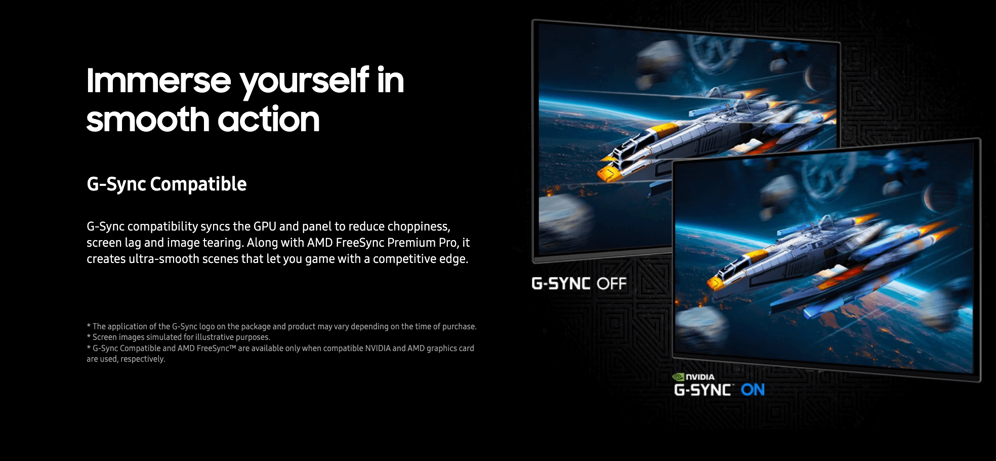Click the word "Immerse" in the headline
pyautogui.click(x=159, y=81)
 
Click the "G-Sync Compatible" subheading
pyautogui.click(x=167, y=184)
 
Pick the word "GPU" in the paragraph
pyautogui.click(x=265, y=226)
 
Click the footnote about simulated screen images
pyautogui.click(x=178, y=337)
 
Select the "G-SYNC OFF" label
pyautogui.click(x=579, y=284)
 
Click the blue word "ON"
pyautogui.click(x=753, y=390)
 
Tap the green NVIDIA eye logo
pyautogui.click(x=678, y=377)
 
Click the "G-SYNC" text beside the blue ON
pyautogui.click(x=703, y=390)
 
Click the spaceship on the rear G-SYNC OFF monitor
pyautogui.click(x=709, y=137)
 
